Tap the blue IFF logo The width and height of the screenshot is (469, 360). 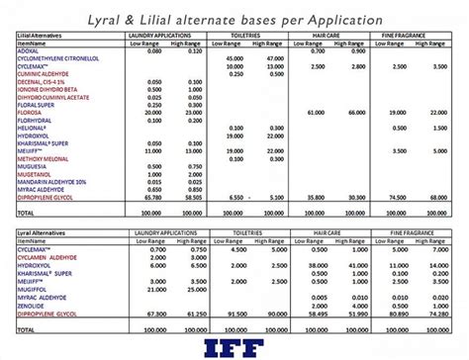click(x=236, y=345)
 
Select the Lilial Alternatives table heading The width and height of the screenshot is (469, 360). click(x=41, y=36)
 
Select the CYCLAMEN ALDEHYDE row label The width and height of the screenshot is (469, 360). click(x=47, y=254)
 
